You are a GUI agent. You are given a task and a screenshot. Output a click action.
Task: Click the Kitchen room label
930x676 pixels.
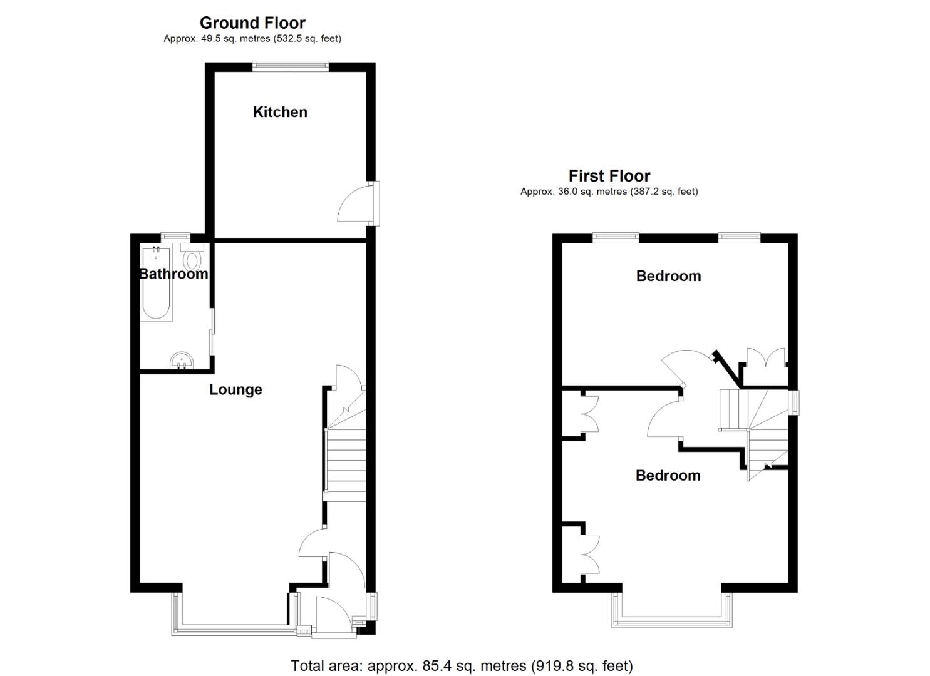[x=280, y=112]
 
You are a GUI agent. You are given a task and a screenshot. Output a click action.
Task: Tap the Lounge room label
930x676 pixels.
[x=235, y=389]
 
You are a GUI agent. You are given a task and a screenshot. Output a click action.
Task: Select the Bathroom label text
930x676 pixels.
[x=173, y=274]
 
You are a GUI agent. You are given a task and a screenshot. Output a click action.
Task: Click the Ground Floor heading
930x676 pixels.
[x=252, y=23]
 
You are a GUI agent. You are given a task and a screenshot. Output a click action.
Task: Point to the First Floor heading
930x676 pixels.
[x=609, y=176]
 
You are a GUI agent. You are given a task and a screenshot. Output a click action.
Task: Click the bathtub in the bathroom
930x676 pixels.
[x=157, y=285]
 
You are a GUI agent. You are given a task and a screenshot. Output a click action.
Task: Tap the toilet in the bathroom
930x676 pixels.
[x=192, y=258]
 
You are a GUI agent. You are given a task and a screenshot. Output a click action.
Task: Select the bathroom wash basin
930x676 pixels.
[x=183, y=361]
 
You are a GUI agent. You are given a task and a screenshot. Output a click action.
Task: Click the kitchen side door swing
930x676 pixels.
[x=356, y=205]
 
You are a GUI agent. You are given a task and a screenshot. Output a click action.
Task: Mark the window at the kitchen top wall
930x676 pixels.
[x=290, y=63]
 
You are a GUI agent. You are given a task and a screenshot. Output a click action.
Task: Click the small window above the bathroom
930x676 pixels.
[x=175, y=236]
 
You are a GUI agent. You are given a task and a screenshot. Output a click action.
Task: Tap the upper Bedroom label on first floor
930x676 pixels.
[x=668, y=276]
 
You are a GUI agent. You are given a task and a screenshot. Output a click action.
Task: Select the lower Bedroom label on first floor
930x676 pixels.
[x=668, y=475]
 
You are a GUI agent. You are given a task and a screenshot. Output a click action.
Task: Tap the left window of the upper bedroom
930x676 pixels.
[x=616, y=237]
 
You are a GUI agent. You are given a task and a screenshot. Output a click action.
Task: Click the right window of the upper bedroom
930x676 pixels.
[x=739, y=237]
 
